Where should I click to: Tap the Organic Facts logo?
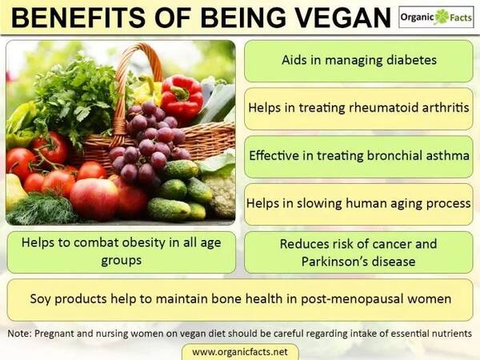click(x=436, y=17)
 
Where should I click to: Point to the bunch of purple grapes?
click(x=149, y=142)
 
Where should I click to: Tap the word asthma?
click(x=447, y=155)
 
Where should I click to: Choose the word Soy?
click(x=40, y=299)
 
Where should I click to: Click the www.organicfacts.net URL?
click(x=240, y=352)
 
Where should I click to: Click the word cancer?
click(x=394, y=244)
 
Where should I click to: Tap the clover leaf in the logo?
click(x=442, y=17)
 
